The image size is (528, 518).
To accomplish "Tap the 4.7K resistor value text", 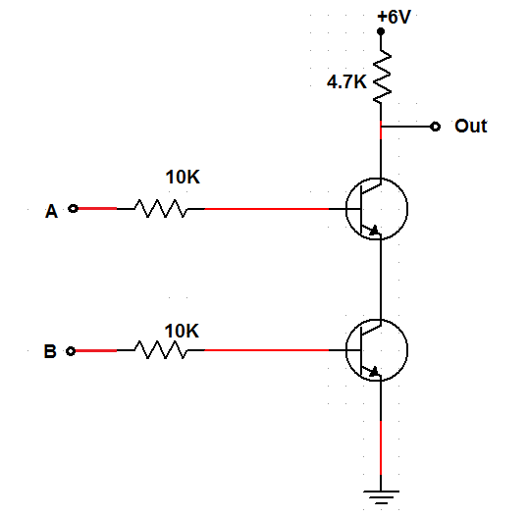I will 346,82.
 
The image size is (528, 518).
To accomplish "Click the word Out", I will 470,127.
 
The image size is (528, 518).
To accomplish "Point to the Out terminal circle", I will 434,127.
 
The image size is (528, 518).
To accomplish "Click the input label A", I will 52,210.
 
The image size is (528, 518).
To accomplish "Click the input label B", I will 52,349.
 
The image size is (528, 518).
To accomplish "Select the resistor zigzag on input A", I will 160,209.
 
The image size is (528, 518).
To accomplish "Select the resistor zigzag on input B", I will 160,349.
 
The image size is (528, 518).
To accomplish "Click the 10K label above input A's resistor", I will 183,178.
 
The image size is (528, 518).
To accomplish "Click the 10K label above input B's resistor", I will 182,331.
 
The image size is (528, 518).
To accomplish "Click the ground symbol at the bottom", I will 380,496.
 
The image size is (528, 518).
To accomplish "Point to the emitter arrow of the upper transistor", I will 373,232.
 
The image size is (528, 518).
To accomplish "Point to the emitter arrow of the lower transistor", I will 373,372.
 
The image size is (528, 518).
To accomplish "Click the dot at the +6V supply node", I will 381,31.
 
